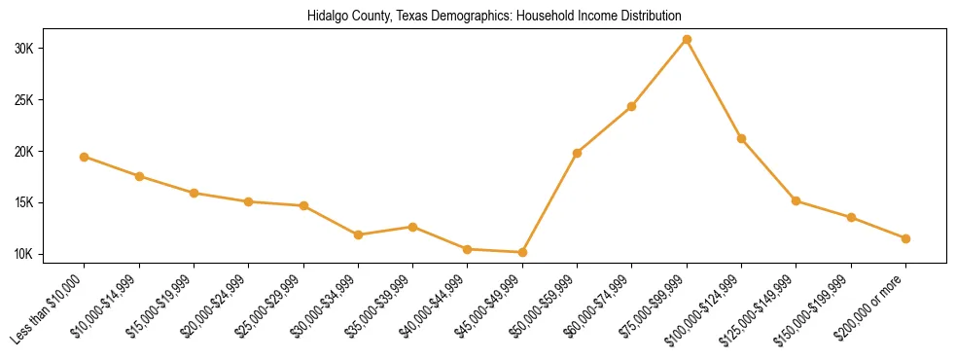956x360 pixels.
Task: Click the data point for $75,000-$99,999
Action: (687, 39)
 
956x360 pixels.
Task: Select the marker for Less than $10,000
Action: (85, 157)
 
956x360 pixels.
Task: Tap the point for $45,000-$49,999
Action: (522, 252)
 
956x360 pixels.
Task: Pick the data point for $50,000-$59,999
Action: (578, 153)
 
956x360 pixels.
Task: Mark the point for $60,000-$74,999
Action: (632, 106)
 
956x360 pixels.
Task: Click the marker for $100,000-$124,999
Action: (741, 138)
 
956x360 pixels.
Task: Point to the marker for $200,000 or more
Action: (905, 238)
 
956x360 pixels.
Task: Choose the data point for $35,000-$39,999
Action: (413, 227)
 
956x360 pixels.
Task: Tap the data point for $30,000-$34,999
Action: (358, 234)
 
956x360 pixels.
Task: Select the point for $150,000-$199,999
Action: (851, 217)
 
